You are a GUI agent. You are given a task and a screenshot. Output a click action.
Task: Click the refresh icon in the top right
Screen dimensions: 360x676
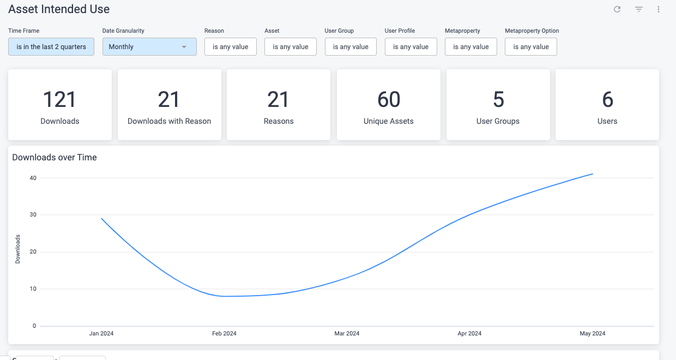617,9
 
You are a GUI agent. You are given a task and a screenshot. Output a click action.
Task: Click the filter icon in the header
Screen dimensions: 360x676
639,9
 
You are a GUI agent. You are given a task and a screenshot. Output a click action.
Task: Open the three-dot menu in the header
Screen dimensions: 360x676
659,9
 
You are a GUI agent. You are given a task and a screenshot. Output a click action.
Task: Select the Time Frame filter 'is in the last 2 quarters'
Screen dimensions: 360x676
51,47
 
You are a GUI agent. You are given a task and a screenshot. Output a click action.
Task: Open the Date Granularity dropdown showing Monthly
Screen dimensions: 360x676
149,47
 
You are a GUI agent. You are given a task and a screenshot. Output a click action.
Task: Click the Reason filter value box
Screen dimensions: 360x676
230,47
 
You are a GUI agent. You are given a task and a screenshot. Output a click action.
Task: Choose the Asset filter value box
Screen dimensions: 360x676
291,47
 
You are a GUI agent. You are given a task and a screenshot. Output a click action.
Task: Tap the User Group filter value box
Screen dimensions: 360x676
351,47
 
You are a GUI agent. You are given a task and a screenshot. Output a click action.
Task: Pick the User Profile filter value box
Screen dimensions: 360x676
411,47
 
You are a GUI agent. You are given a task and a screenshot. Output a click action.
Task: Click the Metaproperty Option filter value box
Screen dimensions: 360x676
530,47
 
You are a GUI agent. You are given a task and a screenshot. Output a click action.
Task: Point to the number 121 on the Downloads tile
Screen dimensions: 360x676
59,100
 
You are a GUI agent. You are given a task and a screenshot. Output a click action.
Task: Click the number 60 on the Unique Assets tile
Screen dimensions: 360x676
389,100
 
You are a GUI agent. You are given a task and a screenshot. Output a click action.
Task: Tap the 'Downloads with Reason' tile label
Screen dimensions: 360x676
169,121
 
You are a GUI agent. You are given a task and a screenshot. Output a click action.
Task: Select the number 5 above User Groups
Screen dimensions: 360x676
498,100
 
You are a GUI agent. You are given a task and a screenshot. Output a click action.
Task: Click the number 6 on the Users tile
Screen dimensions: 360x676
607,100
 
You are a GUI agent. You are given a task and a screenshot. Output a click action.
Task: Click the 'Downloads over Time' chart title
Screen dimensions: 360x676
55,158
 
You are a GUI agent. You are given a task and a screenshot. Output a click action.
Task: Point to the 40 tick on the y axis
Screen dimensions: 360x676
33,178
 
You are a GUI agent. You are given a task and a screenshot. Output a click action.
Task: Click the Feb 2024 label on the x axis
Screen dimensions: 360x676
224,333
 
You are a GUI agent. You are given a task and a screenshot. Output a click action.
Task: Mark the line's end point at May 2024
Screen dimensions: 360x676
593,174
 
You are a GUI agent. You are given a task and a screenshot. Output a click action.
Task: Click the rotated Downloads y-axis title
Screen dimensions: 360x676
17,249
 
